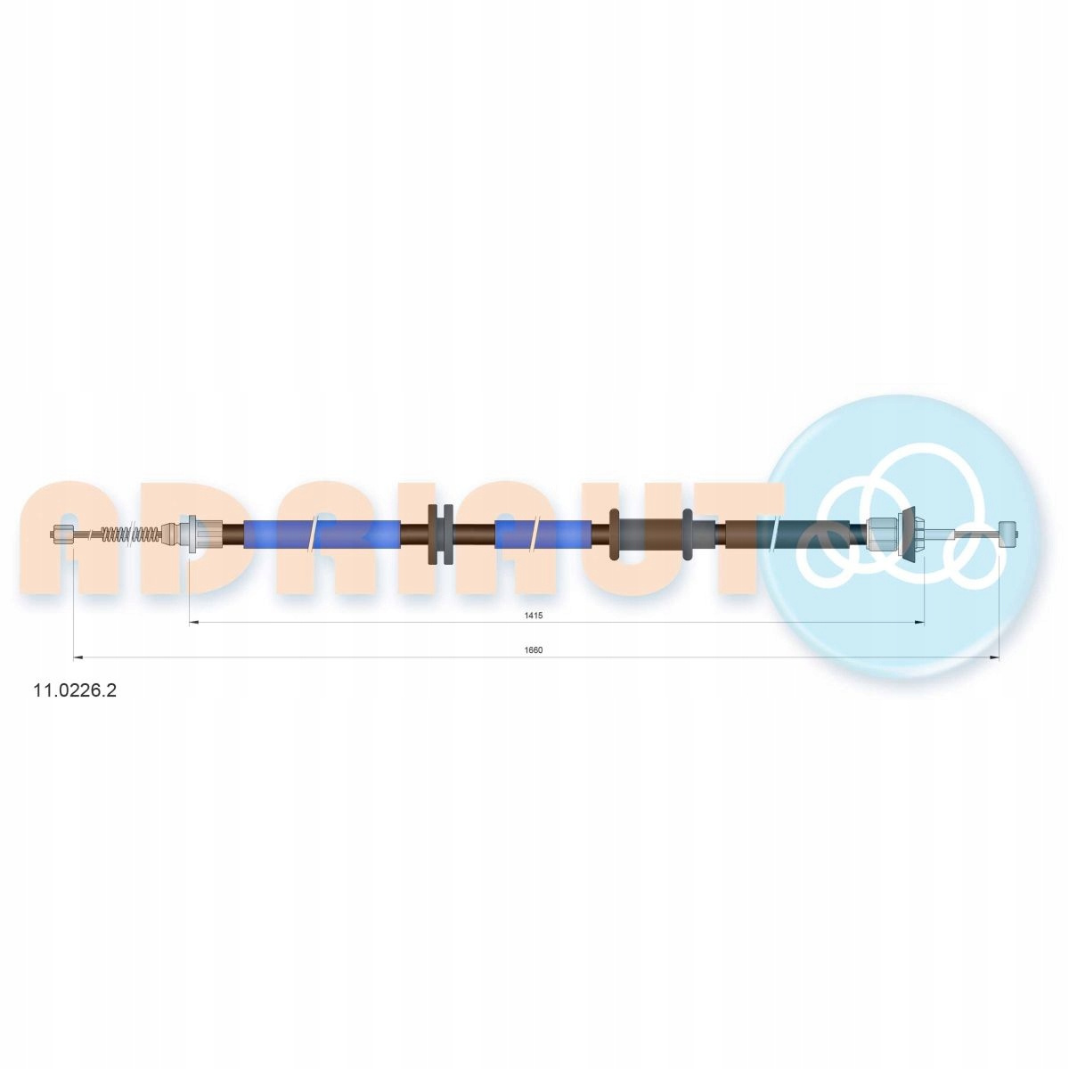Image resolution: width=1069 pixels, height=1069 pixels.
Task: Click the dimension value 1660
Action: tap(533, 650)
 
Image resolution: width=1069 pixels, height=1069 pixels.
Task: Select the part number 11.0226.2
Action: tap(75, 690)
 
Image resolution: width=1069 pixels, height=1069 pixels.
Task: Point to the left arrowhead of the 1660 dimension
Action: tap(78, 658)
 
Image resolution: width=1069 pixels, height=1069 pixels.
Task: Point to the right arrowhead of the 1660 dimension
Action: tap(994, 658)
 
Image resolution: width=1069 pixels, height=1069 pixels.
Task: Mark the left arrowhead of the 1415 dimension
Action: tap(193, 623)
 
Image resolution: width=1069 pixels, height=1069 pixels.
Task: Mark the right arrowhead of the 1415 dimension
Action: tap(919, 623)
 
